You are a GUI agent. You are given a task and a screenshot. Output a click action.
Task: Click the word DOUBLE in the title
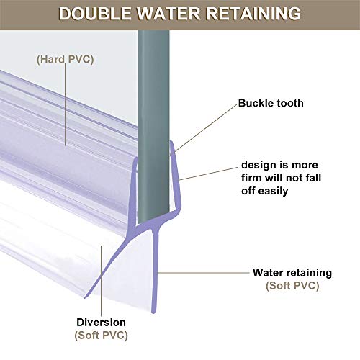click(x=95, y=14)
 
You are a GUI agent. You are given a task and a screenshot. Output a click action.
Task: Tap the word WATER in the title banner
click(x=168, y=14)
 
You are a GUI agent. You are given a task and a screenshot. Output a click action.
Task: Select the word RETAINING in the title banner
click(x=253, y=14)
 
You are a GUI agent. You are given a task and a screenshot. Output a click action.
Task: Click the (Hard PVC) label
click(x=65, y=59)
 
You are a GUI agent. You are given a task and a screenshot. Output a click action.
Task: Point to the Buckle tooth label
click(x=271, y=103)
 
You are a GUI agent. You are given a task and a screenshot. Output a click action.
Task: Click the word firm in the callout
click(x=252, y=178)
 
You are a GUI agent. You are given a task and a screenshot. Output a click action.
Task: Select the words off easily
click(x=264, y=191)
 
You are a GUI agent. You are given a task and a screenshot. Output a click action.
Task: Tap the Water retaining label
click(x=292, y=273)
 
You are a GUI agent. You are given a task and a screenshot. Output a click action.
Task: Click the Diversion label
click(x=101, y=323)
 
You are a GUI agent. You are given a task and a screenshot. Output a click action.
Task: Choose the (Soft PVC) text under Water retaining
click(x=292, y=286)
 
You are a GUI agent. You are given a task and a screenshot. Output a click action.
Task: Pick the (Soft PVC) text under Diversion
click(x=101, y=336)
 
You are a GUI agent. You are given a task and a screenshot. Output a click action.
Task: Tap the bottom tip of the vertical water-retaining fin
click(x=154, y=312)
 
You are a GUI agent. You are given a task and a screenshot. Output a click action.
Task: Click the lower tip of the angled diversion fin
click(x=86, y=297)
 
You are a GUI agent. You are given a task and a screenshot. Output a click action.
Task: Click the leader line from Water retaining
click(x=204, y=273)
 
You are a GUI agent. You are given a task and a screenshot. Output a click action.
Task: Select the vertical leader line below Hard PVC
click(x=66, y=104)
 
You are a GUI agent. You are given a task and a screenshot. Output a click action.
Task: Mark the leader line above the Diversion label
click(x=101, y=281)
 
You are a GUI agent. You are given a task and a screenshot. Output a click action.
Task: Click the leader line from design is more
click(x=208, y=174)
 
